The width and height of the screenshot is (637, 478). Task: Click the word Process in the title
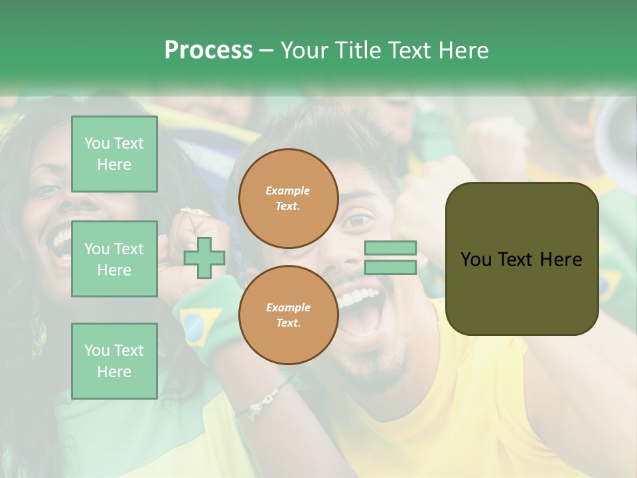point(208,50)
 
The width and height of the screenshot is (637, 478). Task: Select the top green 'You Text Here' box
point(114,154)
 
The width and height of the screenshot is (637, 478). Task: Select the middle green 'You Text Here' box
point(114,259)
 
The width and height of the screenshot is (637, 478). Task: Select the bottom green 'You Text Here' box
point(114,360)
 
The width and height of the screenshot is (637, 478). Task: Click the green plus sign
point(204,258)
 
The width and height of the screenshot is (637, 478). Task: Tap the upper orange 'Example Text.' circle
point(288,199)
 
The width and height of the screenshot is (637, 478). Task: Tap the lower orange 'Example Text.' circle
point(288,315)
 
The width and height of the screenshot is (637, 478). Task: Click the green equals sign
point(390,258)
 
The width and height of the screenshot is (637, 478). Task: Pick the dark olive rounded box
point(522,259)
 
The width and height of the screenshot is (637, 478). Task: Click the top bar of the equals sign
point(390,248)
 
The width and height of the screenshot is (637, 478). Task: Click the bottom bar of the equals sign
point(390,267)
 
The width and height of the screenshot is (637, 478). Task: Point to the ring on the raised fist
point(194,212)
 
